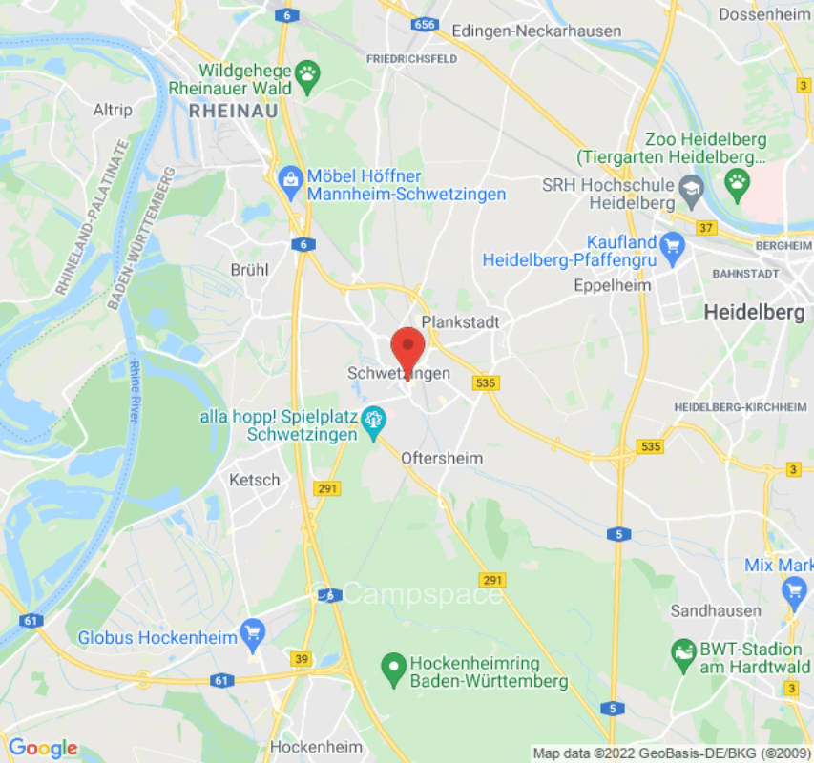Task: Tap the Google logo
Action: (42, 748)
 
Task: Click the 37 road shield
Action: (706, 228)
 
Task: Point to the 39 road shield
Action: (302, 660)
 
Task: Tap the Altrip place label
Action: (113, 111)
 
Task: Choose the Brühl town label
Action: (249, 270)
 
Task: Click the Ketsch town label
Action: (255, 480)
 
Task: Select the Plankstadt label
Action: (460, 322)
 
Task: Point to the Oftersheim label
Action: (441, 458)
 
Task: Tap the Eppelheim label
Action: (612, 285)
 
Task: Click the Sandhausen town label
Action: (716, 610)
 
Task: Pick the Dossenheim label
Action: (762, 14)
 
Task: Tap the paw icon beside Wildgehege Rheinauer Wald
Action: (308, 72)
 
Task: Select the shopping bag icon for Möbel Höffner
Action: (289, 177)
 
